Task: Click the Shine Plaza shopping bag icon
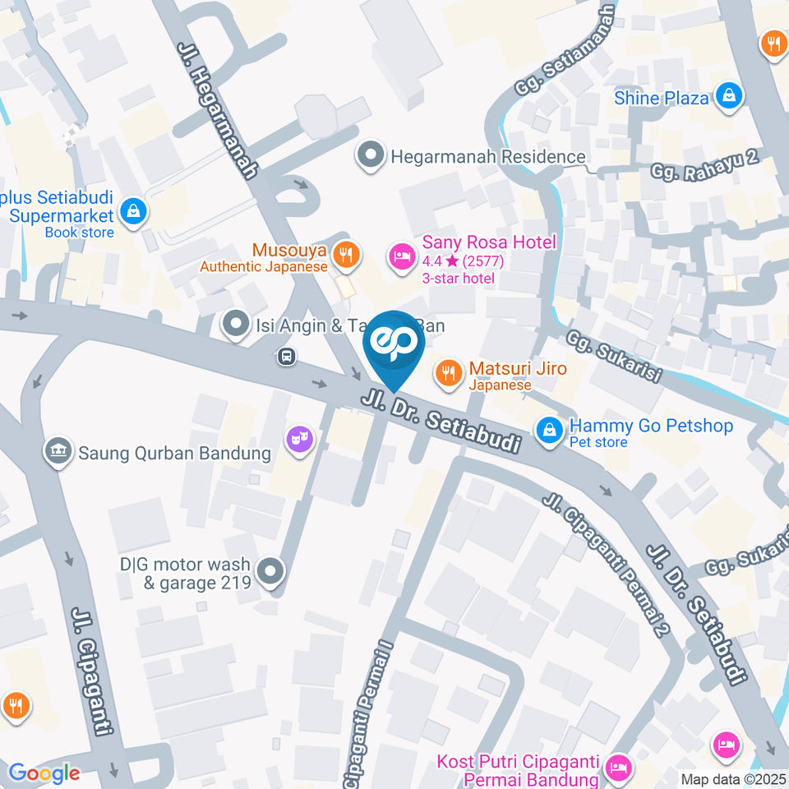coord(728,97)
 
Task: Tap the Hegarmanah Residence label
coord(488,156)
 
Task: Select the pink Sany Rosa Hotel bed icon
coord(401,255)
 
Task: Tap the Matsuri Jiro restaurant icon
coord(448,374)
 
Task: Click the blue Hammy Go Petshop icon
coord(548,429)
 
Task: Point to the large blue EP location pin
coord(394,345)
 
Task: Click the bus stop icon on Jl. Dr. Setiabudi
coord(286,357)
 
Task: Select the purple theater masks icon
coord(298,438)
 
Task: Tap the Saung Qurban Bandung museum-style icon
coord(58,452)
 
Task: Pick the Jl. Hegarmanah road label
coord(218,112)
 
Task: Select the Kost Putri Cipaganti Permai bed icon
coord(617,768)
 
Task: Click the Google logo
coord(44,773)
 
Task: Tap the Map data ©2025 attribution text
coord(733,779)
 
